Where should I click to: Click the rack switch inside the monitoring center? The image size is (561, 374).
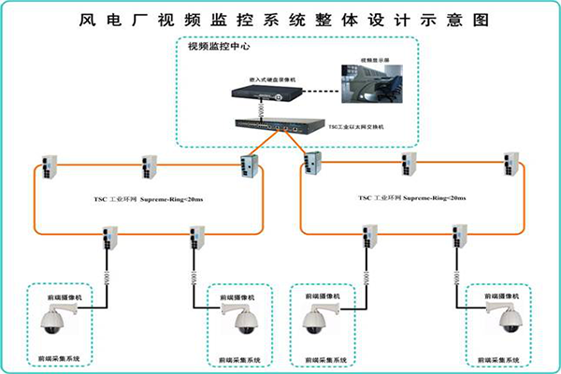coord(270,124)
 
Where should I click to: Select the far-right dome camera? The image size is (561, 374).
coord(508,321)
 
